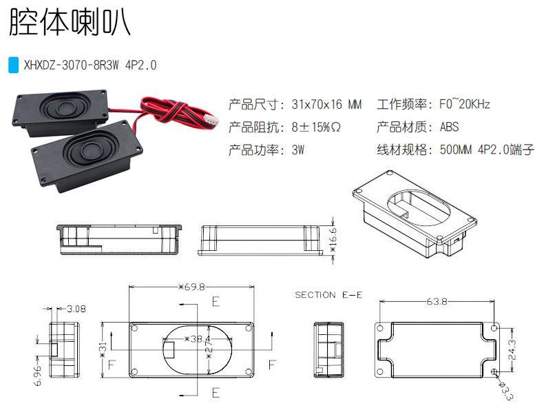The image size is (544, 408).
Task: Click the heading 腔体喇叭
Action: (68, 23)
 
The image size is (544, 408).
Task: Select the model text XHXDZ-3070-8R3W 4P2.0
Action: (90, 65)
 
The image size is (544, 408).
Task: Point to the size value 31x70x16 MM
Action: (326, 105)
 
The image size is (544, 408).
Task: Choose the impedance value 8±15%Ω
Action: (317, 127)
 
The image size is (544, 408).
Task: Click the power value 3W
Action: (298, 150)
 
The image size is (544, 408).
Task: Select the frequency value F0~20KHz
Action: (465, 105)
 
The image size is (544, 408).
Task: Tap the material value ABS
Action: (449, 127)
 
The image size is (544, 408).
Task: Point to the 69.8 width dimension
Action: (191, 286)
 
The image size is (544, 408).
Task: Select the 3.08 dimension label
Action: (76, 309)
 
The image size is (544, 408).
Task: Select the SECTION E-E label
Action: (328, 294)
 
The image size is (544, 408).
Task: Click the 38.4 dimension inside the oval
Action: (196, 339)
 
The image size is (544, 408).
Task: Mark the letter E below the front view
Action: (216, 393)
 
